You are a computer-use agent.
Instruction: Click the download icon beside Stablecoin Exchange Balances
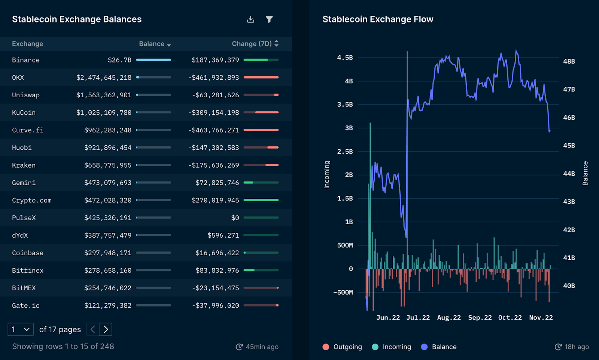tap(250, 19)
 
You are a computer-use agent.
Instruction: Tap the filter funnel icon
tap(269, 19)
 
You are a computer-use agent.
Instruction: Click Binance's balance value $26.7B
tap(119, 60)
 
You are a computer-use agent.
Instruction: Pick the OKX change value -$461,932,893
tap(213, 77)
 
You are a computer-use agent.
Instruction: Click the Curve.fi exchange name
tap(28, 130)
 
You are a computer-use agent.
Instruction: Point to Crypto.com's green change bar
tap(261, 200)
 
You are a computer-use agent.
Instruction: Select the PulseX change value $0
tap(235, 218)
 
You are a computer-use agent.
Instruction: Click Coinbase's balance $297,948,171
tap(108, 253)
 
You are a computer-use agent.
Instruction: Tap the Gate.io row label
tap(26, 306)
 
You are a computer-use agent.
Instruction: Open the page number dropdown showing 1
tap(21, 329)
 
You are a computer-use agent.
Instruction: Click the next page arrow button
tap(106, 329)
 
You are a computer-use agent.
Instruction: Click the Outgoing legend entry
tap(342, 347)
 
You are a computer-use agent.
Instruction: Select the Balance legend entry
tap(439, 347)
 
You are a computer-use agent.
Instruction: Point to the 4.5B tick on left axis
tap(345, 58)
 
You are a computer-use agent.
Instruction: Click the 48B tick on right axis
tap(569, 61)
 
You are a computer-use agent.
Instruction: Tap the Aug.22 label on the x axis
tap(449, 318)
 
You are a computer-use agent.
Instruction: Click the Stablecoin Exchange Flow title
tap(378, 19)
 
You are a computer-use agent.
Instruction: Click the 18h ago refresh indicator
tap(572, 347)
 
